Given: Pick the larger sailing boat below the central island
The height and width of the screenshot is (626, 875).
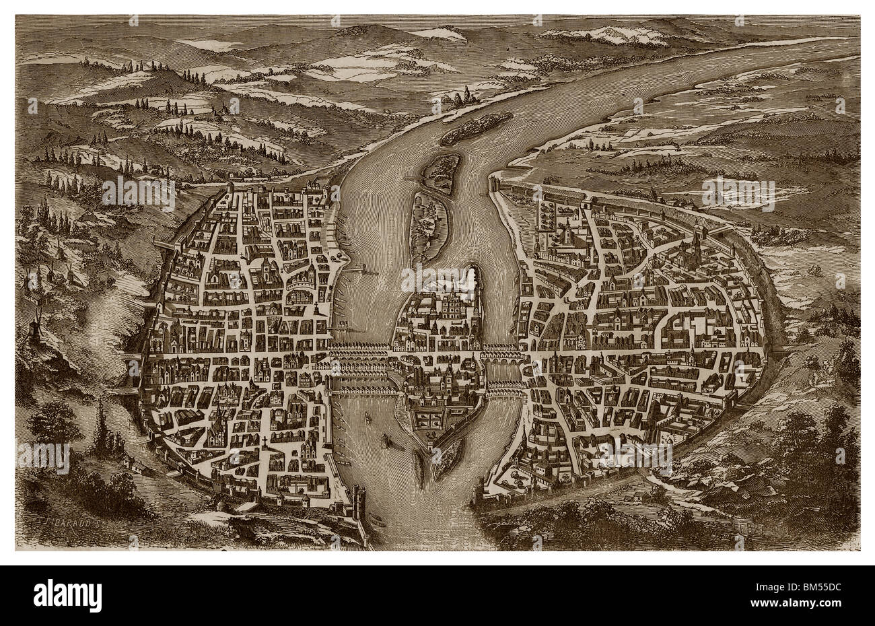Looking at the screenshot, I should pos(386,441).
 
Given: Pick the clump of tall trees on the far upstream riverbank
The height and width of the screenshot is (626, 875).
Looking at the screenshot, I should pos(461,100).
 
